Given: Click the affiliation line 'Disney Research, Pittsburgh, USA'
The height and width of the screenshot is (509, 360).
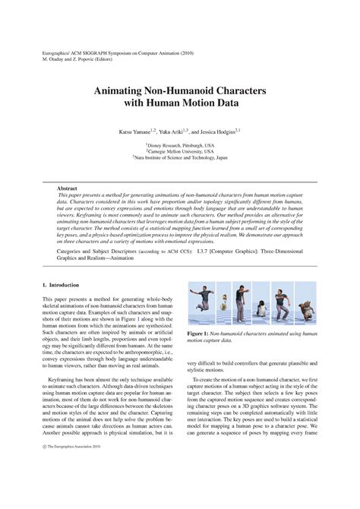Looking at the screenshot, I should (x=181, y=144).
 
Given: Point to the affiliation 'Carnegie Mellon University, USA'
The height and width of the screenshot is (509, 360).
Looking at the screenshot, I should (x=181, y=151).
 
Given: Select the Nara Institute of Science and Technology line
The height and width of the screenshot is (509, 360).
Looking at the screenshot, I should (x=181, y=158).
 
